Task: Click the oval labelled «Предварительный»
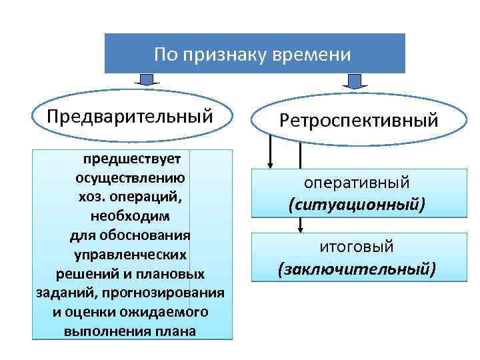(130, 116)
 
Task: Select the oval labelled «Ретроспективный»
(359, 121)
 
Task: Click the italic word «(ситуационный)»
(357, 204)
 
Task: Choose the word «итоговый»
(357, 247)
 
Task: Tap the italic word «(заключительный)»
(357, 269)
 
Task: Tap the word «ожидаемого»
(172, 312)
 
